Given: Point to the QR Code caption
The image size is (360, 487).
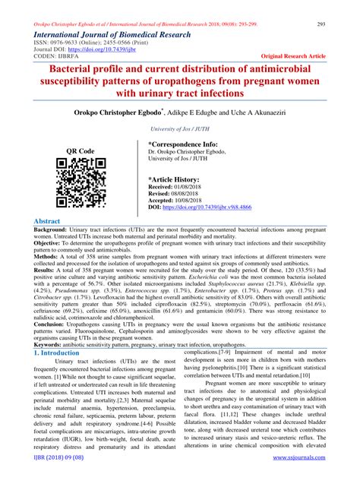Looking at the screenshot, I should click(x=81, y=150).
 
